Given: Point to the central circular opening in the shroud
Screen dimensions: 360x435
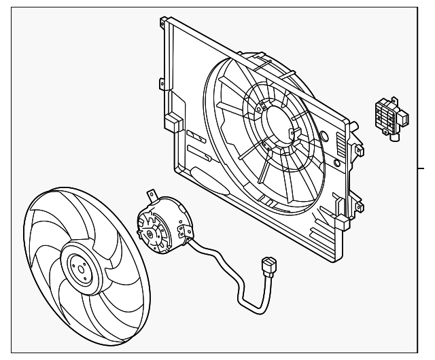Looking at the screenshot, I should click(x=279, y=122).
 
